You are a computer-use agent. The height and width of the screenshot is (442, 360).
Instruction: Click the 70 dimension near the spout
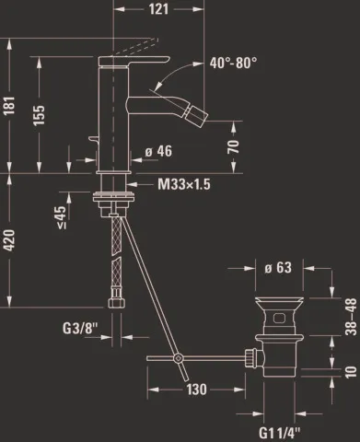coord(233,145)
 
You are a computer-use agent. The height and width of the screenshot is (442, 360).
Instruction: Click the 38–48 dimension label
coord(351,315)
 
